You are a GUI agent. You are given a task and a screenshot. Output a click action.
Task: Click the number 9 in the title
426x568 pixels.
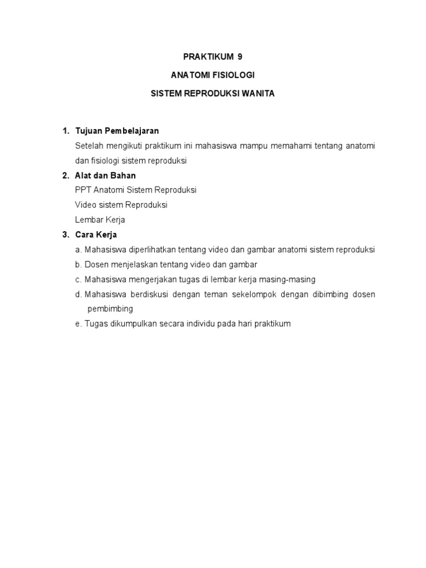240,57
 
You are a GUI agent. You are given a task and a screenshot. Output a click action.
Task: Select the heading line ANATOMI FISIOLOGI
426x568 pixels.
213,75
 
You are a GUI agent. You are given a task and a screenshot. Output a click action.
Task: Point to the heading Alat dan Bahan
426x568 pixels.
105,175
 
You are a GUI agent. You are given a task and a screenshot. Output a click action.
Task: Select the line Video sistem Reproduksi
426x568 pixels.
121,205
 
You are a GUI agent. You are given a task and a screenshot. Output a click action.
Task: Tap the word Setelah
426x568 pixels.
89,146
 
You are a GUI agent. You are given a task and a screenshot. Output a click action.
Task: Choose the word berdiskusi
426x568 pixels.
148,294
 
